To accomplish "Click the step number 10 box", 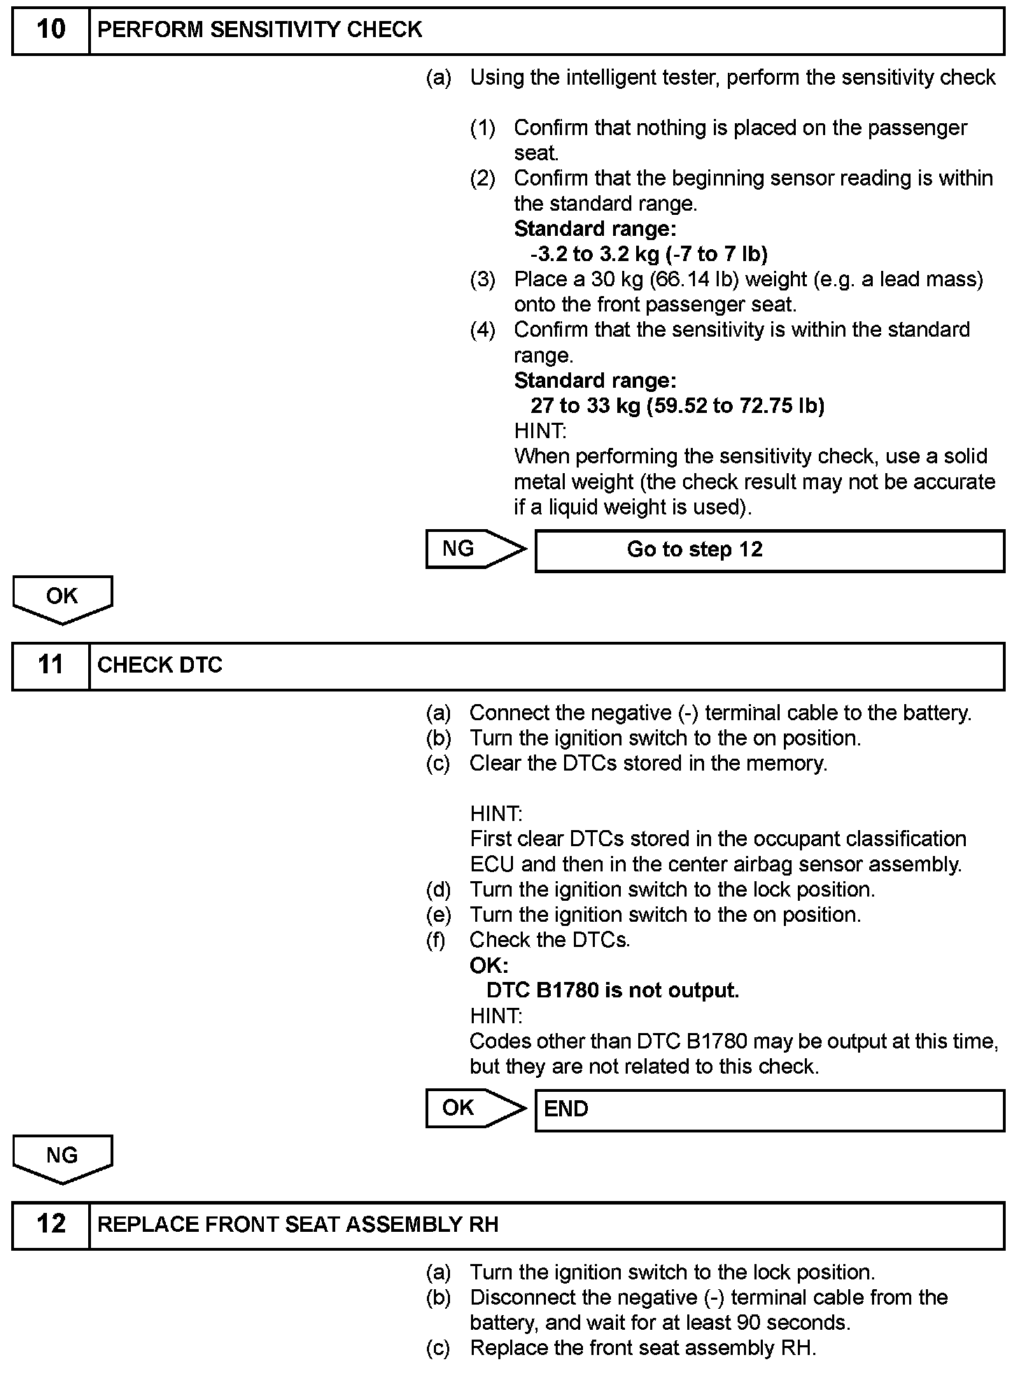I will tap(50, 30).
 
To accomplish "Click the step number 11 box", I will tap(50, 665).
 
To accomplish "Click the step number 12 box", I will tap(50, 1224).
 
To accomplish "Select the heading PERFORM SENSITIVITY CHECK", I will tap(260, 30).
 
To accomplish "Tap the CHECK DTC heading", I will tap(160, 665).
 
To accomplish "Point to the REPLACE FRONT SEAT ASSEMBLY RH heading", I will tap(297, 1224).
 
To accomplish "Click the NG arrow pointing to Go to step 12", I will tap(472, 549).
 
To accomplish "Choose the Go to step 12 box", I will tap(768, 550).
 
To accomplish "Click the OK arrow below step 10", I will tap(62, 598).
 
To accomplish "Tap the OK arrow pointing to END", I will tap(472, 1108).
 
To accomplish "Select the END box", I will tap(768, 1109).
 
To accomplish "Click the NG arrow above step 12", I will tap(62, 1158).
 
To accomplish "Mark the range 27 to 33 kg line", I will tap(677, 406).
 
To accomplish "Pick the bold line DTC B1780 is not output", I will tap(612, 991).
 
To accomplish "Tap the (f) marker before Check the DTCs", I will tap(436, 940).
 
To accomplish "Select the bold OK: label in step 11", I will tap(489, 966).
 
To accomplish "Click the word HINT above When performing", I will tap(540, 431).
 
